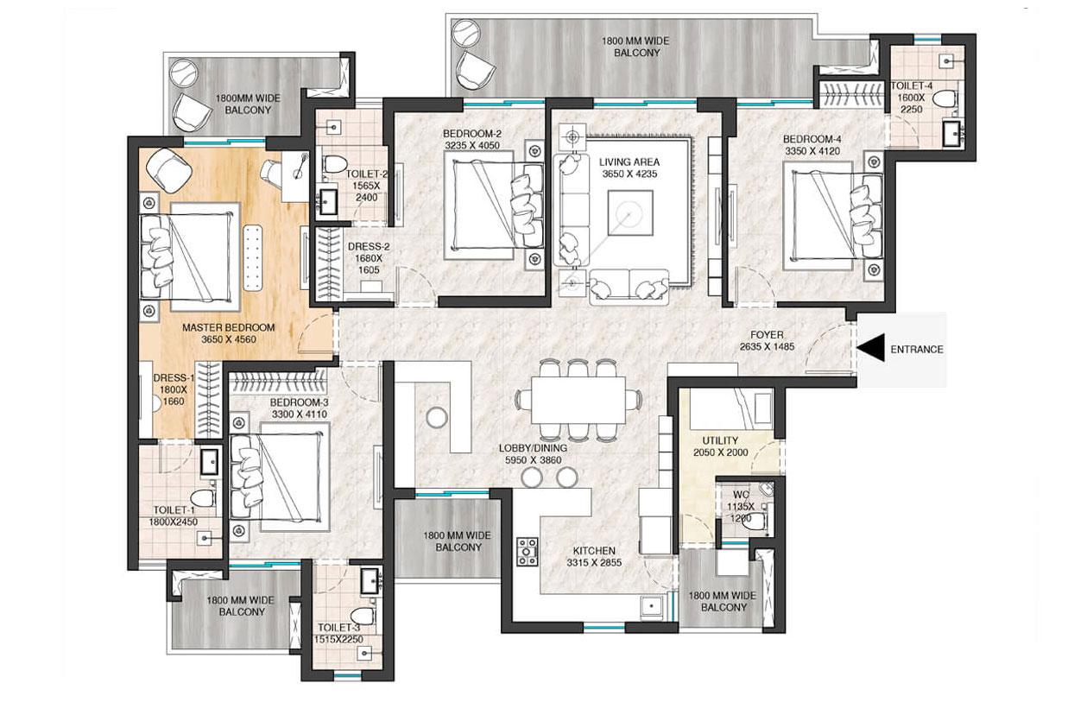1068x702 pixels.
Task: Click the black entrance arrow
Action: (872, 350)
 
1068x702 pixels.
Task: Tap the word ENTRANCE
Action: (916, 350)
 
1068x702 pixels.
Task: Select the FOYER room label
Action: (767, 335)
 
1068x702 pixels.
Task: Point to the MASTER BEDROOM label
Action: (228, 328)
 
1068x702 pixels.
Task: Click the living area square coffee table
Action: (629, 212)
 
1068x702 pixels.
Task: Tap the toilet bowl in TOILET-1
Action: (203, 498)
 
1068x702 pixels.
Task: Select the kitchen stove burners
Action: (527, 551)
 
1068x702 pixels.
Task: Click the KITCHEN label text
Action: (594, 551)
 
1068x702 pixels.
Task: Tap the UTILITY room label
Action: (720, 441)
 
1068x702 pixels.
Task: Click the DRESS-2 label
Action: (369, 246)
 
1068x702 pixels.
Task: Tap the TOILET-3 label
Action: (338, 628)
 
